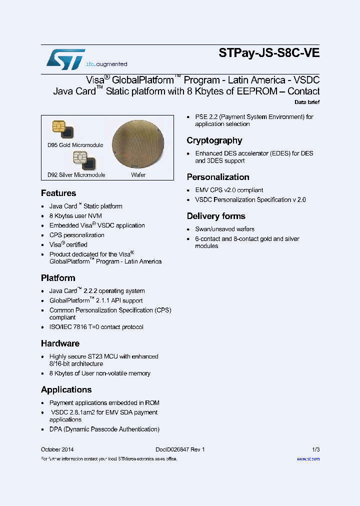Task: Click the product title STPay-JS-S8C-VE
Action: [269, 53]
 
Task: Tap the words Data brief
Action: [307, 102]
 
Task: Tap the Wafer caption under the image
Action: [138, 175]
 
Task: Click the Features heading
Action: [58, 193]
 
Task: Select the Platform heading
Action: [58, 278]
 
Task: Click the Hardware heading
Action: [60, 343]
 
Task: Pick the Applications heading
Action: [66, 389]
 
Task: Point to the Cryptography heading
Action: [214, 140]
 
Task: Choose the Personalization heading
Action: [218, 177]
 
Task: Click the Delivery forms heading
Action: [216, 216]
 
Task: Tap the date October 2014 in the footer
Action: [57, 449]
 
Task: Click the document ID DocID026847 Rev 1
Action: [176, 449]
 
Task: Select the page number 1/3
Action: [315, 449]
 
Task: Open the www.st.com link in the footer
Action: [308, 459]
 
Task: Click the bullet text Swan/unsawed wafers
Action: [225, 229]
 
